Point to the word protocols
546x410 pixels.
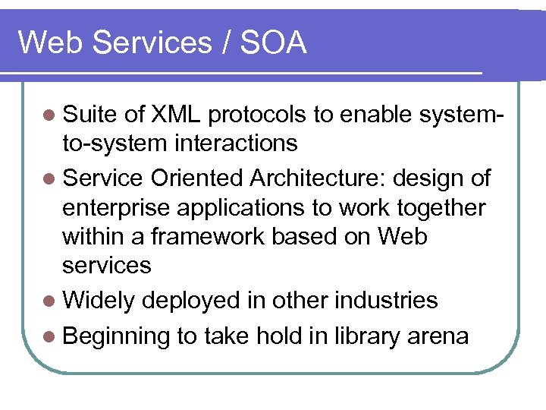(x=257, y=115)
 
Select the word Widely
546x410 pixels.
(x=99, y=300)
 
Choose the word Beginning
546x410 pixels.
(x=116, y=336)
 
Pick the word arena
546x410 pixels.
(x=440, y=336)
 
